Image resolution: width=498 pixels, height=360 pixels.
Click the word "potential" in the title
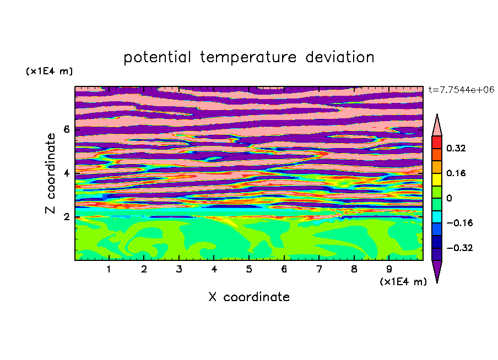coord(157,58)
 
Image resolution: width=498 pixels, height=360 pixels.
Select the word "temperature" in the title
coord(248,58)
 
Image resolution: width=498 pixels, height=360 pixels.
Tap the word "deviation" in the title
coord(340,57)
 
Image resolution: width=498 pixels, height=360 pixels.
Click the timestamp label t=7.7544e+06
coord(461,90)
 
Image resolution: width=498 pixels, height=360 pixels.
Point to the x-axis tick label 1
coord(109,269)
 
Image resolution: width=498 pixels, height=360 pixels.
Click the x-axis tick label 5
coord(249,269)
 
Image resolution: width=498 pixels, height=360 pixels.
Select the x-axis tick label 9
coord(389,269)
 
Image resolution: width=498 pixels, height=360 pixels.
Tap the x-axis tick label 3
coord(179,269)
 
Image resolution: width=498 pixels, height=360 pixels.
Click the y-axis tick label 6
coord(66,129)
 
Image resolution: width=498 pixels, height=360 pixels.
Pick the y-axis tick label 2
coord(66,217)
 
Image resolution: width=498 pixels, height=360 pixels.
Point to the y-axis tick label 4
coord(66,173)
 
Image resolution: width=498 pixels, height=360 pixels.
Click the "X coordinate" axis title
coord(249,297)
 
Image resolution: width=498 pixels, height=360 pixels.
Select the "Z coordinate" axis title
coord(51,173)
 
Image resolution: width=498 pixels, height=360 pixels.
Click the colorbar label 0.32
coord(456,148)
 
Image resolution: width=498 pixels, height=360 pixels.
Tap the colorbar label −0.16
coord(459,223)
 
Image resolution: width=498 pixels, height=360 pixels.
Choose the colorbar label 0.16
coord(456,173)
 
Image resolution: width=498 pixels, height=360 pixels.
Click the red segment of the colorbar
coord(437,142)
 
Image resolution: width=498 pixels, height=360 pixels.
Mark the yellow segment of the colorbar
coord(437,179)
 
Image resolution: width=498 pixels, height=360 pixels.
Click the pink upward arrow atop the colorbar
coord(437,125)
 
